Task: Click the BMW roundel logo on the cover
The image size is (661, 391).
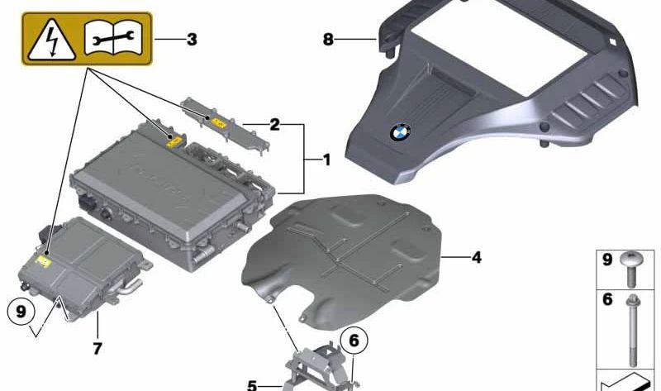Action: pyautogui.click(x=400, y=133)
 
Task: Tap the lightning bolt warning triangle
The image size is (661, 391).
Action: pyautogui.click(x=52, y=39)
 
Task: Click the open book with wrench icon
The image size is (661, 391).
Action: pyautogui.click(x=113, y=37)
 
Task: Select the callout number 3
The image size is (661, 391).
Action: pyautogui.click(x=192, y=40)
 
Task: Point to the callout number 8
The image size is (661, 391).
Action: pyautogui.click(x=328, y=39)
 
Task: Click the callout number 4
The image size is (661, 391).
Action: pyautogui.click(x=477, y=257)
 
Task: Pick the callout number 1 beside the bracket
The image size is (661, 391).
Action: pyautogui.click(x=326, y=160)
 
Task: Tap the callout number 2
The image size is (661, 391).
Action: pyautogui.click(x=274, y=125)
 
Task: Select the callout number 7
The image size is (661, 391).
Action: pyautogui.click(x=97, y=348)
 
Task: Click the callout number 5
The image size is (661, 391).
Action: pyautogui.click(x=252, y=385)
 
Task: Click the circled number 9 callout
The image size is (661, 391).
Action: pyautogui.click(x=21, y=312)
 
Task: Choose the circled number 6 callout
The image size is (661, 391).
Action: pyautogui.click(x=354, y=340)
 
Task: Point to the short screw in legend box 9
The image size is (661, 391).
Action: pyautogui.click(x=631, y=268)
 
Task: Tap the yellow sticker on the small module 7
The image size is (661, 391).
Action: pyautogui.click(x=43, y=261)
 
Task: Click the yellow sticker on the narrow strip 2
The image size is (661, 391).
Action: pyautogui.click(x=218, y=122)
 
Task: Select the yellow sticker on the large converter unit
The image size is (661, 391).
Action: pyautogui.click(x=175, y=141)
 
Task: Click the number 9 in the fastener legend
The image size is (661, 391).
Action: pyautogui.click(x=607, y=260)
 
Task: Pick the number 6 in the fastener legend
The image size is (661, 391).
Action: pyautogui.click(x=607, y=299)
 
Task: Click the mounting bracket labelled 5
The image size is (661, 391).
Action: pyautogui.click(x=318, y=367)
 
